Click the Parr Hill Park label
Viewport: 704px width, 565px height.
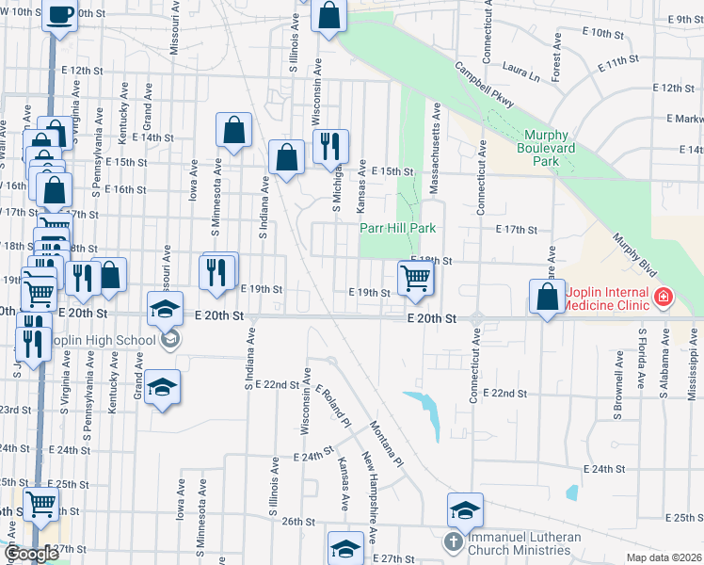click(x=398, y=228)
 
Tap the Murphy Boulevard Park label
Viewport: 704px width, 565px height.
click(x=551, y=148)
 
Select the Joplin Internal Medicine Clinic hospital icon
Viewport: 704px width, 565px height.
click(x=664, y=298)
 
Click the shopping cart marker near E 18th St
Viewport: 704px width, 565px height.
click(x=415, y=278)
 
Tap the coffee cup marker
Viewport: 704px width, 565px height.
click(x=60, y=16)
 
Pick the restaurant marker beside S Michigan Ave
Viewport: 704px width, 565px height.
click(x=329, y=146)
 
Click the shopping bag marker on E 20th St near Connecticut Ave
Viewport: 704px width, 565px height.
click(x=548, y=298)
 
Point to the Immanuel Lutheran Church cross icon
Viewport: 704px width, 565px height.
click(x=454, y=542)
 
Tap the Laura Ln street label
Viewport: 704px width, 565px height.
click(x=521, y=70)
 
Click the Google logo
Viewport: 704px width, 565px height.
click(x=31, y=554)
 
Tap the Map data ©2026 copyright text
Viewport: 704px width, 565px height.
click(x=664, y=557)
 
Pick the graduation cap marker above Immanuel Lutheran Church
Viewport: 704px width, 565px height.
click(x=465, y=509)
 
